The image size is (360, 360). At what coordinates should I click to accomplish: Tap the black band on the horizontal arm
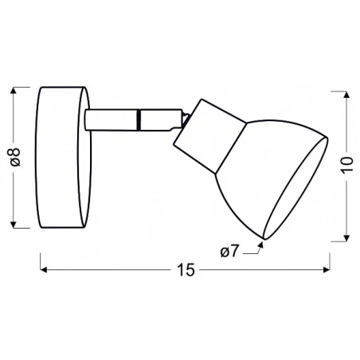(x=139, y=119)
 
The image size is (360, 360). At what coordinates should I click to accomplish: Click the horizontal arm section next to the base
(x=112, y=119)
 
